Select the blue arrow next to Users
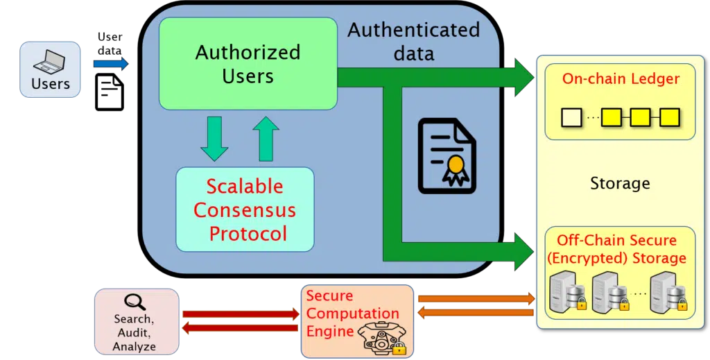coord(110,65)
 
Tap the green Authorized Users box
coord(248,64)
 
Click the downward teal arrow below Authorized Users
coord(214,139)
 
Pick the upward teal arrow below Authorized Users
coord(266,139)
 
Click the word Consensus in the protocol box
coord(245,209)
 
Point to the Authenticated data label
coord(413,41)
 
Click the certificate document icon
coord(447,155)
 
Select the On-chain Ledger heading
coord(621,78)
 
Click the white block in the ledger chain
coord(571,117)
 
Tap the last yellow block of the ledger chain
coord(669,117)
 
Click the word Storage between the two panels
coord(620,183)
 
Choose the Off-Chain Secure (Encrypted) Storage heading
coord(621,249)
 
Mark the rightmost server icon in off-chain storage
coord(666,292)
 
